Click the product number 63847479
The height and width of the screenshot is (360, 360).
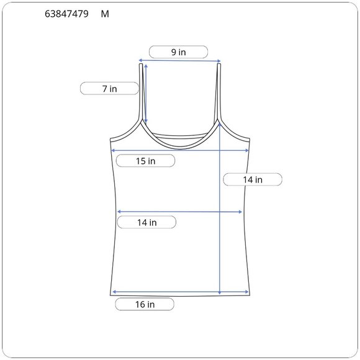66,14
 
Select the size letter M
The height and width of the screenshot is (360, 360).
105,14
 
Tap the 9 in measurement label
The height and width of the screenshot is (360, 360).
178,52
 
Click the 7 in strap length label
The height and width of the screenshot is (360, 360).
109,89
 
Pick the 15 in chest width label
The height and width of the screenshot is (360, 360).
146,161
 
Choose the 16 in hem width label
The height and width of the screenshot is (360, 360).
145,304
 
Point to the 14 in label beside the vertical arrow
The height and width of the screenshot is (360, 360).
253,179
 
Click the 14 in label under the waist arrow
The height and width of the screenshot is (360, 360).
147,222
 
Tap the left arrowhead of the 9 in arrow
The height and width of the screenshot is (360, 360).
140,60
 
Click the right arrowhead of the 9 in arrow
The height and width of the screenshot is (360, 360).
219,61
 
